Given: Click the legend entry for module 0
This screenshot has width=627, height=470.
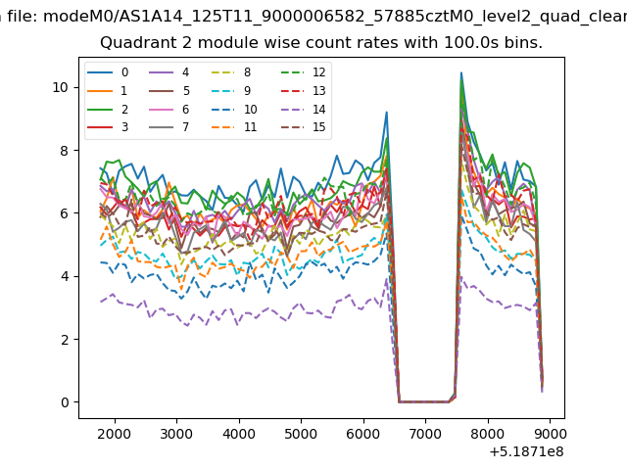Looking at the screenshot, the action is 108,72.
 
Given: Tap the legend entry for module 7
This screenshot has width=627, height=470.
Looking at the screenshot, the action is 169,127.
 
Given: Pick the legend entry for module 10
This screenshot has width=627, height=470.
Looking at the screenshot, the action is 234,109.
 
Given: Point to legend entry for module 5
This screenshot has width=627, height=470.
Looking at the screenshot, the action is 169,91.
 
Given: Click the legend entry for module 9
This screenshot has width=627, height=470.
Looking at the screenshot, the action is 231,91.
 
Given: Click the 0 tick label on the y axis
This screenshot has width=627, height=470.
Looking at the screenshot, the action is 65,402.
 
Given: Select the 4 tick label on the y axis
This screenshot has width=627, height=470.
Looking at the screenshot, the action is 65,276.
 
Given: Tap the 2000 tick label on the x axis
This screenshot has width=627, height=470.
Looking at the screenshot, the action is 115,434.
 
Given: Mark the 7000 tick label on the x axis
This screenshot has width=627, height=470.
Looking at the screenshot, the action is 425,434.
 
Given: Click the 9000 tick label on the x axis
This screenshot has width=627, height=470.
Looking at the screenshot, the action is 550,434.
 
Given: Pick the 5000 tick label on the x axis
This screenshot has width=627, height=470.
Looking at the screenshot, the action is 301,434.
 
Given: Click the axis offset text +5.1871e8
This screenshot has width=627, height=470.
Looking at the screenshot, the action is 527,452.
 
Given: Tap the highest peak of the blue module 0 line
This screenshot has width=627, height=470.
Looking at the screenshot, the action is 461,72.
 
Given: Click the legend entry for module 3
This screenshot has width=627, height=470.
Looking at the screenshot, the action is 108,127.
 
